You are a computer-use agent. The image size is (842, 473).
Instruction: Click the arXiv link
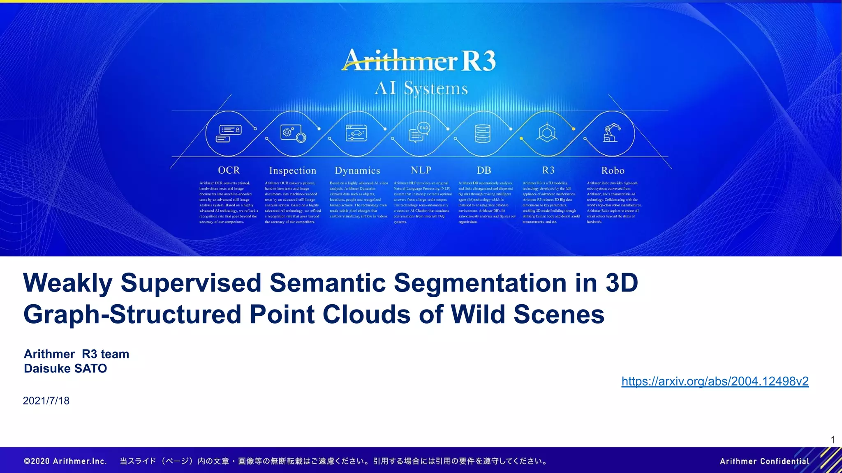pos(715,381)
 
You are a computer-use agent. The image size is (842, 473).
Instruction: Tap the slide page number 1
pos(833,440)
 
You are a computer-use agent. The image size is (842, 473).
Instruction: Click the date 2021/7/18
pos(46,401)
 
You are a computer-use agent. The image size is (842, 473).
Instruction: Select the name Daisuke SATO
pos(65,368)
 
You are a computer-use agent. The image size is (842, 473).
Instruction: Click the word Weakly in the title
pos(67,283)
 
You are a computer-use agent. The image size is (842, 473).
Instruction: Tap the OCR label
pos(229,170)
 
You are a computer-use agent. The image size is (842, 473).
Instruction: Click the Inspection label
pos(292,170)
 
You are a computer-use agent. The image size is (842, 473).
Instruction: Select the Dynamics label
pos(357,170)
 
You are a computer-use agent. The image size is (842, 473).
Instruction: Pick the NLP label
pos(421,170)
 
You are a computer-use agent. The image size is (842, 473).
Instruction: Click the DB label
pos(484,170)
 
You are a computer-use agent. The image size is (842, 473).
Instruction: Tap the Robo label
pos(613,170)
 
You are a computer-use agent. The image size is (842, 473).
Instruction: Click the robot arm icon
pos(611,133)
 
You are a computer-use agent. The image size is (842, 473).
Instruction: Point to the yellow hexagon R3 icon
pos(547,133)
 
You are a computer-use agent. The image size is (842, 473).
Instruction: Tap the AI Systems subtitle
pos(421,88)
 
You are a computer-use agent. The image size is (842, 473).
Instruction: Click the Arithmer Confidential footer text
pos(764,461)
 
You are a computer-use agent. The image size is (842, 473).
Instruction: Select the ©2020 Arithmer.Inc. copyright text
pos(65,461)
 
